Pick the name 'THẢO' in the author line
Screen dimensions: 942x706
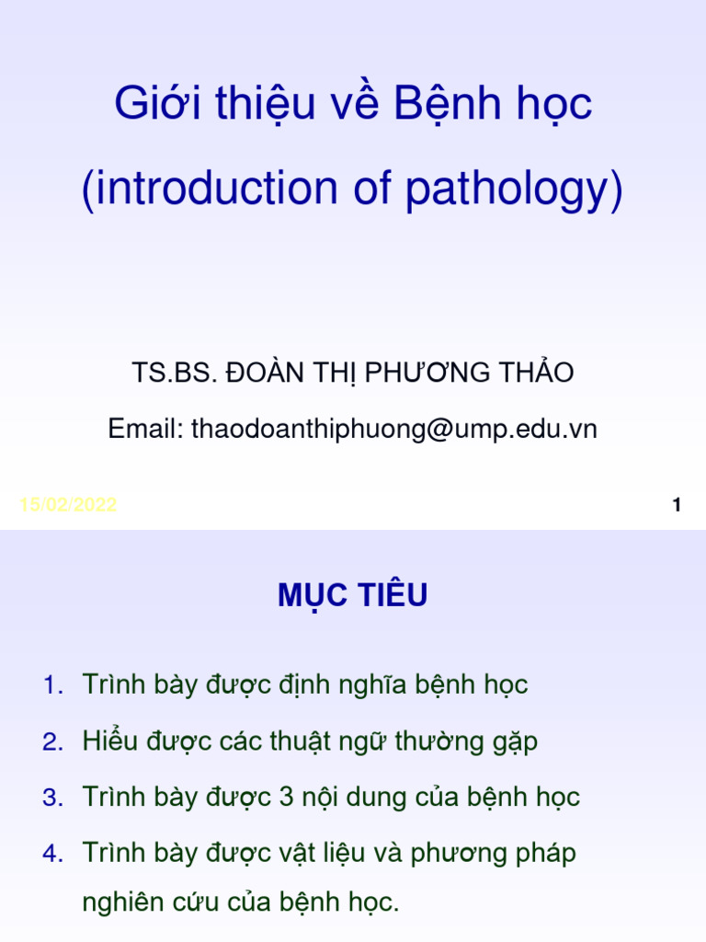click(x=538, y=373)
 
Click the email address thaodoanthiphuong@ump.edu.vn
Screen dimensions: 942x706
click(x=394, y=429)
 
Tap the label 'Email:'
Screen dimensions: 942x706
click(x=146, y=429)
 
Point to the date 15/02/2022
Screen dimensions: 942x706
click(x=68, y=505)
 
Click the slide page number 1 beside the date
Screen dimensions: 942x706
click(x=677, y=505)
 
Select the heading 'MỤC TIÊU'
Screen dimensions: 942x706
click(x=353, y=597)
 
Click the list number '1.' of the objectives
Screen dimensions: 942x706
click(x=53, y=685)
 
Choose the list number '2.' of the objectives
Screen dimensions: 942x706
click(x=53, y=741)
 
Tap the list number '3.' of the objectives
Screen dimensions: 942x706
click(x=53, y=798)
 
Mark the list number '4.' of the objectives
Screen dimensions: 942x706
click(x=53, y=854)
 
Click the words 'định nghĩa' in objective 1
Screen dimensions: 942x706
click(x=353, y=685)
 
